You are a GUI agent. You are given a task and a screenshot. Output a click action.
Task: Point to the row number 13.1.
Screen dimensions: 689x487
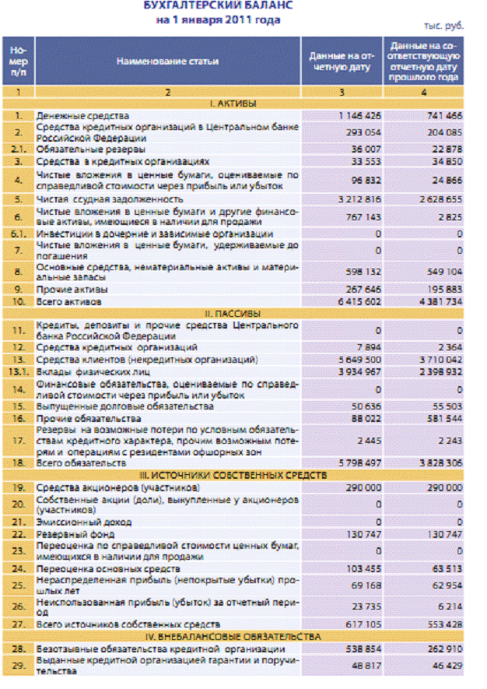[17, 371]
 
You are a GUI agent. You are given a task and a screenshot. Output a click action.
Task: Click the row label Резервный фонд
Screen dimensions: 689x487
[75, 535]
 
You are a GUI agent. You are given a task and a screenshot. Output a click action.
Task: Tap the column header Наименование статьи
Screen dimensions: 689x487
[168, 61]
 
